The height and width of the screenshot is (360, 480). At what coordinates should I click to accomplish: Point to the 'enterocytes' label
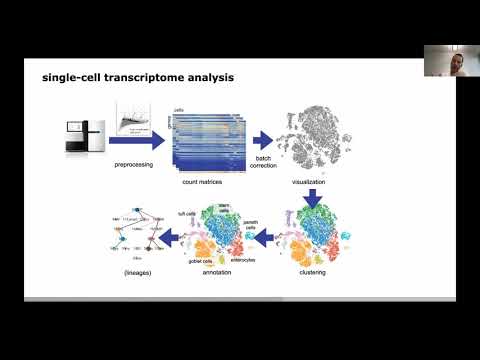click(244, 258)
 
